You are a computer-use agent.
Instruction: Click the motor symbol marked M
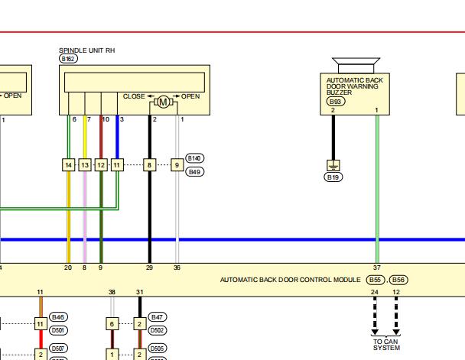pyautogui.click(x=163, y=102)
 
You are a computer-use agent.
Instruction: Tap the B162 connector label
pyautogui.click(x=68, y=59)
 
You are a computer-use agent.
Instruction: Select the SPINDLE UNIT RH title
pyautogui.click(x=87, y=50)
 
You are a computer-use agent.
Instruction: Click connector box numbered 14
pyautogui.click(x=69, y=165)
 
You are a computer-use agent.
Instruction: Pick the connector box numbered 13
pyautogui.click(x=85, y=165)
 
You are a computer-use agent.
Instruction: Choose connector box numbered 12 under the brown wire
pyautogui.click(x=101, y=165)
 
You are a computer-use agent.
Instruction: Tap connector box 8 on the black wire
pyautogui.click(x=149, y=165)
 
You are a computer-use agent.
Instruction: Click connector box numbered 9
pyautogui.click(x=177, y=165)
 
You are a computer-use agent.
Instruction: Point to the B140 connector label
pyautogui.click(x=195, y=158)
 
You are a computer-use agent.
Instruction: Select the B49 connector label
pyautogui.click(x=195, y=172)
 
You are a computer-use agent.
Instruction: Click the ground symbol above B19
pyautogui.click(x=333, y=166)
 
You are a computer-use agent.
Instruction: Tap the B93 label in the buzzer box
pyautogui.click(x=336, y=102)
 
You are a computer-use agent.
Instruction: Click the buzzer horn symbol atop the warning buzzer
pyautogui.click(x=356, y=66)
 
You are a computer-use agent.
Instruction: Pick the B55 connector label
pyautogui.click(x=376, y=280)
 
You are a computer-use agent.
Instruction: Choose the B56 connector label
pyautogui.click(x=398, y=280)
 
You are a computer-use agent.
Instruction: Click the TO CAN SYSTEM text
pyautogui.click(x=386, y=345)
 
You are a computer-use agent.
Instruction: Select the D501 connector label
pyautogui.click(x=58, y=330)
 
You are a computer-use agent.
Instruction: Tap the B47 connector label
pyautogui.click(x=158, y=317)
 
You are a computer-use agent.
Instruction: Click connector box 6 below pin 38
pyautogui.click(x=112, y=323)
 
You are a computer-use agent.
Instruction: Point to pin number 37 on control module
pyautogui.click(x=376, y=268)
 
